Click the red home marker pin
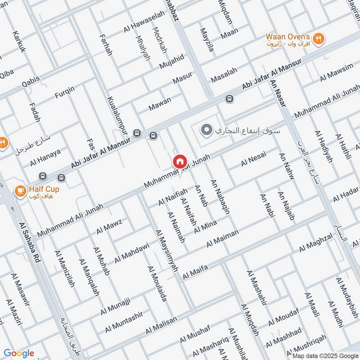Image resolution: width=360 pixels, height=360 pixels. pos(180,161)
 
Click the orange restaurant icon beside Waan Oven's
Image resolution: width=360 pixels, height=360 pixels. pos(319,39)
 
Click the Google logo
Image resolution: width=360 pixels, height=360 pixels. pos(19,353)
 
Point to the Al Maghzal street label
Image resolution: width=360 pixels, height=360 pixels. pos(315,242)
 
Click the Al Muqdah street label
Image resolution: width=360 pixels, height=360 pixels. pos(250,320)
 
